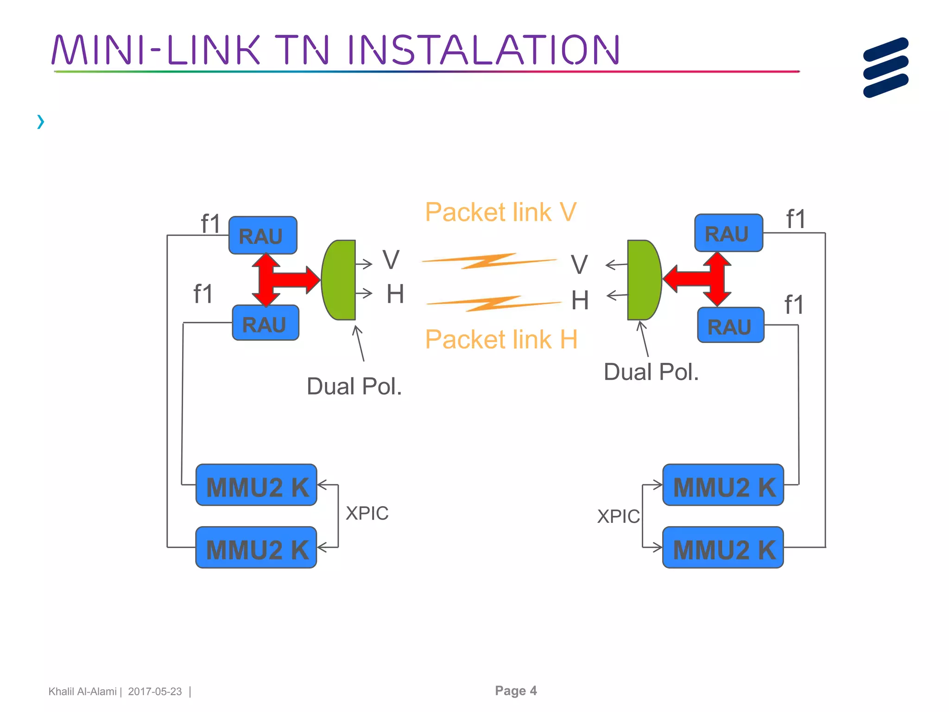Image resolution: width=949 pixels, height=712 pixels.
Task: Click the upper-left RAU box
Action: (x=263, y=235)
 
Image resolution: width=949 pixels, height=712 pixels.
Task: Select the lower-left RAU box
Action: (x=266, y=323)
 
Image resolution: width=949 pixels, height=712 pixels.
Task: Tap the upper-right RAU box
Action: (x=728, y=233)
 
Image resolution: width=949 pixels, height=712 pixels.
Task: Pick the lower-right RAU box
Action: (x=731, y=325)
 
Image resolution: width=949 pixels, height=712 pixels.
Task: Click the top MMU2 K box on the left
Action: (x=256, y=485)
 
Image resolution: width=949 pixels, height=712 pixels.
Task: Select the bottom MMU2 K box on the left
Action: (x=256, y=548)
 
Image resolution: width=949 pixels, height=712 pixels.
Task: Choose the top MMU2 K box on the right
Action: (x=723, y=485)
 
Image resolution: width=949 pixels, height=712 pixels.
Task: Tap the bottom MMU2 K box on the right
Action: (x=723, y=548)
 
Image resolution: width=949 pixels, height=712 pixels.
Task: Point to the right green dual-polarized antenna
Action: (x=643, y=280)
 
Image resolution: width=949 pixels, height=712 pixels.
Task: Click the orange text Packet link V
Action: (x=500, y=212)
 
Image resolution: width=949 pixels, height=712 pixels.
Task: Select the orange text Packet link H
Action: (x=501, y=339)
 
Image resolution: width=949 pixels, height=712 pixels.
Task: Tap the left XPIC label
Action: (x=367, y=514)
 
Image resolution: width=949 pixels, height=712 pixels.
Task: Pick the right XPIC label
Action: (x=618, y=516)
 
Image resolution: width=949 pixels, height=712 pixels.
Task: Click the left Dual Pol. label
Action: (x=354, y=387)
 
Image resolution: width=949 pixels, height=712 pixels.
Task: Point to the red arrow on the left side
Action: (x=283, y=280)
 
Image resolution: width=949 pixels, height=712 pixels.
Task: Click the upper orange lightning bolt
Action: (x=489, y=261)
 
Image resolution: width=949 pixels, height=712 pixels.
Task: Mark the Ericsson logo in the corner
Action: (x=886, y=68)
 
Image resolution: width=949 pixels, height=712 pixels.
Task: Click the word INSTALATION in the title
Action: (x=483, y=50)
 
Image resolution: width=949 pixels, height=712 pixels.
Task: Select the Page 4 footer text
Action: (x=516, y=691)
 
